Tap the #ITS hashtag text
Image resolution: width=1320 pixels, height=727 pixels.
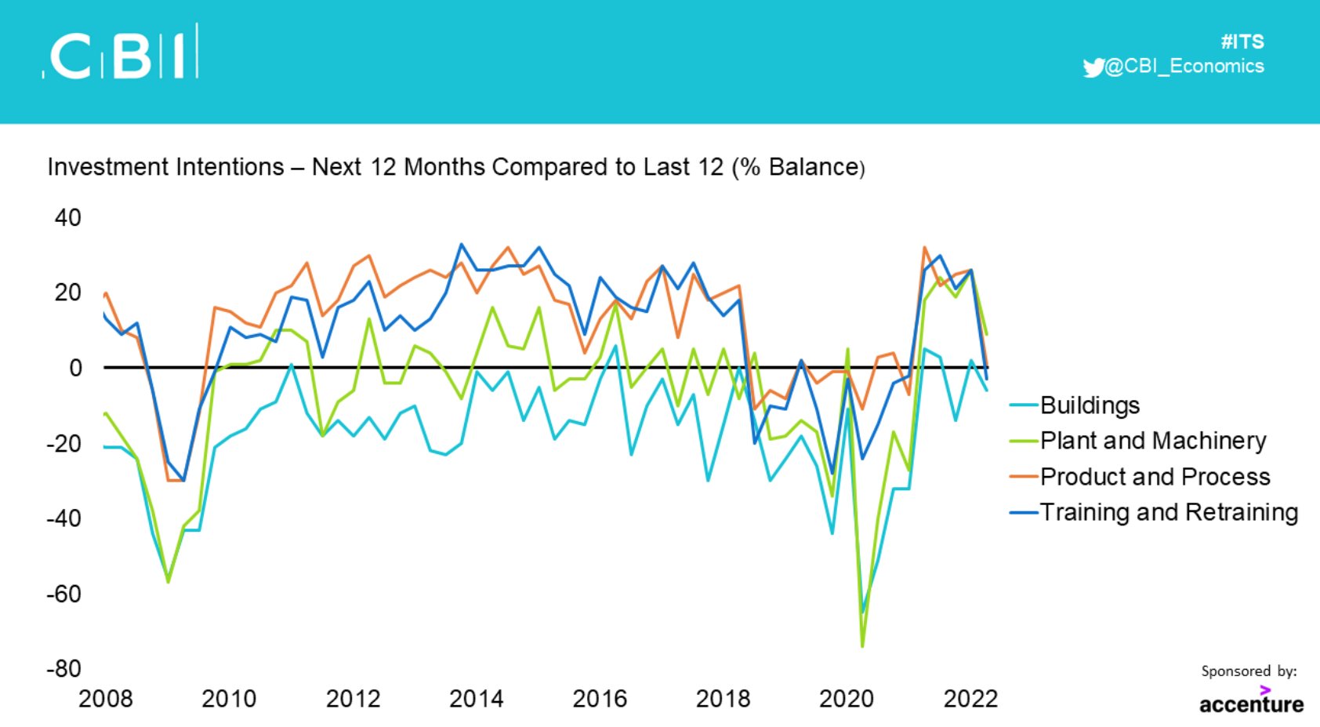tap(1242, 42)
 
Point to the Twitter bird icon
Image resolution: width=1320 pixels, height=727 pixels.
tap(1093, 67)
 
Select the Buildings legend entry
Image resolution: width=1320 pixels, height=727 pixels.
tap(1089, 405)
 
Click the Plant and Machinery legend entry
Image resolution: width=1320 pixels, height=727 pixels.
tap(1152, 441)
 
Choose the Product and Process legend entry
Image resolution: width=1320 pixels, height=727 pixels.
tap(1154, 477)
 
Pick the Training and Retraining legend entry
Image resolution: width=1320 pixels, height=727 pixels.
tap(1168, 512)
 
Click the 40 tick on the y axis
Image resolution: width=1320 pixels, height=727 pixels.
tap(68, 217)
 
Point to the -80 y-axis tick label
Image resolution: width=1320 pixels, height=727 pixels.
tap(64, 669)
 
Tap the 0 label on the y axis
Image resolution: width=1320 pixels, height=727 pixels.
tap(75, 368)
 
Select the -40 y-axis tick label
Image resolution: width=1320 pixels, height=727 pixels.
tap(64, 518)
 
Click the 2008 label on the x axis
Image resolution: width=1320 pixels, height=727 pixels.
tap(106, 698)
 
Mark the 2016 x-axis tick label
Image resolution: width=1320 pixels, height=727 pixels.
tap(600, 698)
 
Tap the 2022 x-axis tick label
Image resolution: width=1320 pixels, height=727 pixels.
tap(970, 698)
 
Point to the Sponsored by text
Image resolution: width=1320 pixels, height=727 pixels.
tap(1248, 671)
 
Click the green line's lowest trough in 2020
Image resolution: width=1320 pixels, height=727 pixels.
tap(862, 646)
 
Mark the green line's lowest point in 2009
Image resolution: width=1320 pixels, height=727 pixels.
tap(168, 581)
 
